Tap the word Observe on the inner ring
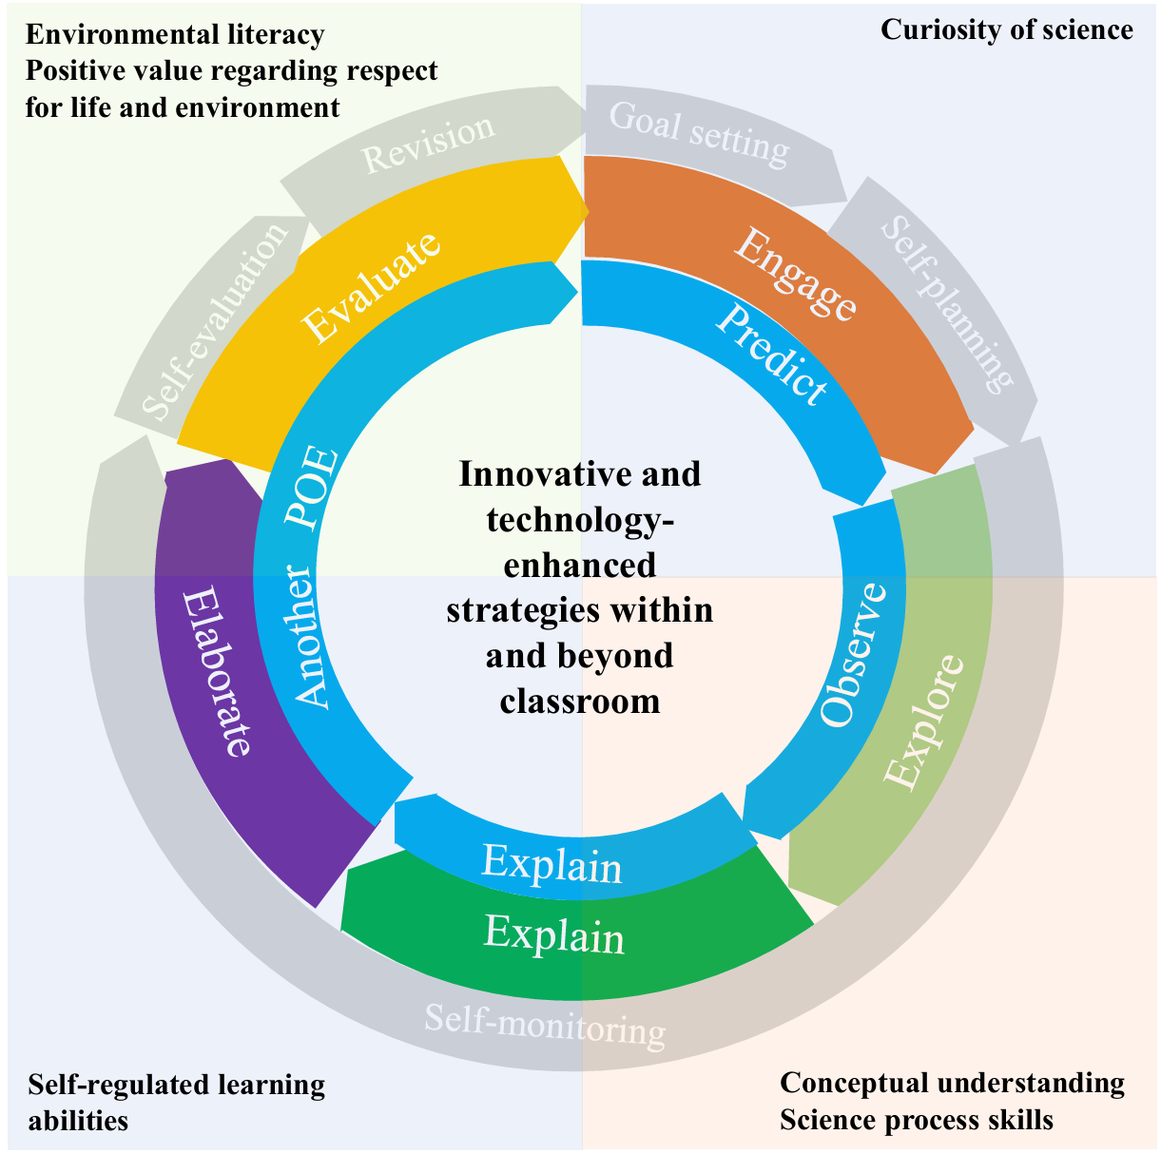coord(853,655)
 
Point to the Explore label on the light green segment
coord(923,721)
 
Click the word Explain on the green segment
coord(554,934)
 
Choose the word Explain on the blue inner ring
coord(551,863)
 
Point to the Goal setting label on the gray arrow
coord(699,133)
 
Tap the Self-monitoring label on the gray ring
coord(544,1026)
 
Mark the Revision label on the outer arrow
coord(429,144)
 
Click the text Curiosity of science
coord(1006,29)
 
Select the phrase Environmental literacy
coord(175,35)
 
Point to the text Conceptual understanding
coord(952,1083)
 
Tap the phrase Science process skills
coord(916,1120)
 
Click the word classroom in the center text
coord(579,701)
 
